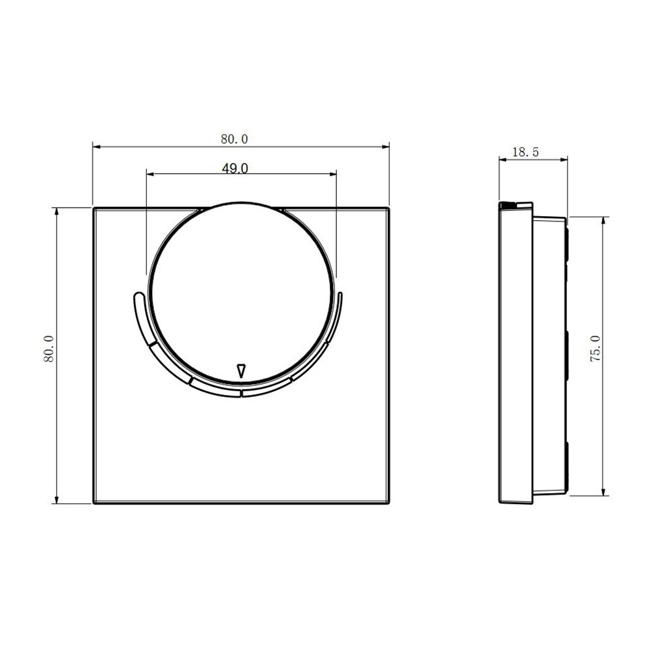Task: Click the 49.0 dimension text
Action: pos(234,168)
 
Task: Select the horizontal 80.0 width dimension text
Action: pos(234,139)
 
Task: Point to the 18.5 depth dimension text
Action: pos(525,152)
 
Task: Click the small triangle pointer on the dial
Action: pos(241,370)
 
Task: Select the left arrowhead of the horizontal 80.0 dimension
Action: pos(97,146)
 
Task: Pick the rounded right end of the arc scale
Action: pos(340,295)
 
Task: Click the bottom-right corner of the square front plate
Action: pos(389,503)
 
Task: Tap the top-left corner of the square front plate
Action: pos(93,208)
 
